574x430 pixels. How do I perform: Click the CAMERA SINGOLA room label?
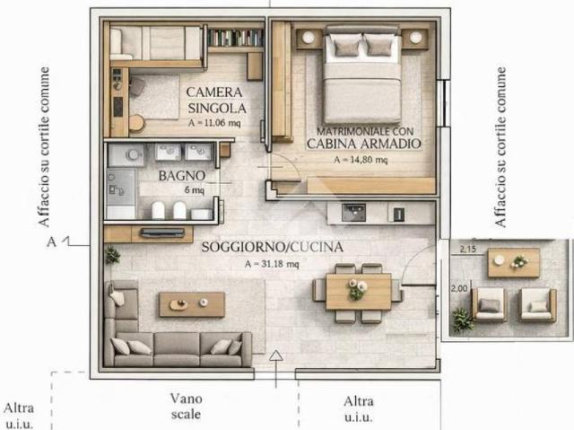coord(216,100)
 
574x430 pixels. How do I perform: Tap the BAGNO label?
coord(181,176)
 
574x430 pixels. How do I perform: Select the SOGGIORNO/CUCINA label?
coord(273,247)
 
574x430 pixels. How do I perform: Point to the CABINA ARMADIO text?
coord(364,144)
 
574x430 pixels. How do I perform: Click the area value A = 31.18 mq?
coord(272,264)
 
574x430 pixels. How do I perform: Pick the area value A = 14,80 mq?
coord(361,160)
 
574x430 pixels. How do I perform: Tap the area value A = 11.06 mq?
coord(214,123)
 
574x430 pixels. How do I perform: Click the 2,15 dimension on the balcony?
coord(468,250)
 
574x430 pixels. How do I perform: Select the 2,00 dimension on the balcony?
coord(459,289)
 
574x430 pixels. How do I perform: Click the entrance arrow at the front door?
coord(276,368)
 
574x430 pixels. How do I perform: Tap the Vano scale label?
coord(186,406)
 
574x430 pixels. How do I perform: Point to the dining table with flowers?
coord(359,292)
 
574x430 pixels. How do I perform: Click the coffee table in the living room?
coord(192,304)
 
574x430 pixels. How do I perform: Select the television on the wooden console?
coord(163,233)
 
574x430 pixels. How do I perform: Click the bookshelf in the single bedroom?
coord(235,38)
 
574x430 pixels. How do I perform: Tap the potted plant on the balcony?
coord(462,320)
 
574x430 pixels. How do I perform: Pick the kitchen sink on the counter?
coord(353,213)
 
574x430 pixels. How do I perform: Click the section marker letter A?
coord(52,242)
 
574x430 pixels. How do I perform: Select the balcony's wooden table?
coord(514,263)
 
